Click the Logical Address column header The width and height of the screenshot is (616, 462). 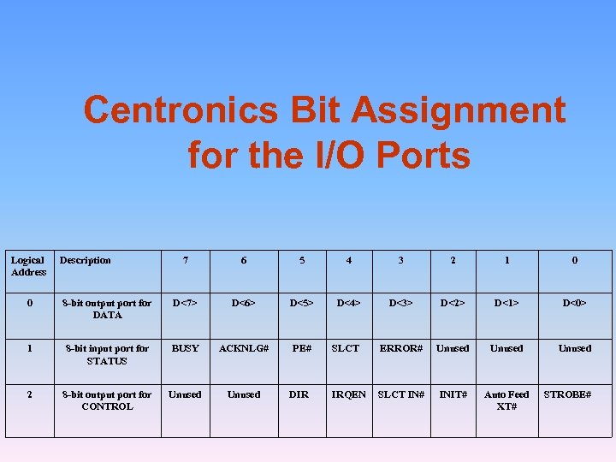[28, 266]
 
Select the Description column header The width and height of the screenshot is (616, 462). [85, 260]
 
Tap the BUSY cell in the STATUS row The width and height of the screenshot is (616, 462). [185, 348]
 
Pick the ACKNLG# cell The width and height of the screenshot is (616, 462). [244, 348]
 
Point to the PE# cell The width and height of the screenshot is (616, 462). [301, 348]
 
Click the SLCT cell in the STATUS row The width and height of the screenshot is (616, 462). [346, 348]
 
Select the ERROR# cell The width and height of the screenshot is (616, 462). [401, 348]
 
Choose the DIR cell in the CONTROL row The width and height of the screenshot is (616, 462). [299, 394]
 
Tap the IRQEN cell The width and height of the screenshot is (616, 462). [348, 394]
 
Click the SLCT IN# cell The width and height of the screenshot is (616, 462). [401, 394]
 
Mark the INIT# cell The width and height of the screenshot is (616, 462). [453, 394]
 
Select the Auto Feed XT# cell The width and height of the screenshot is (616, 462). [506, 400]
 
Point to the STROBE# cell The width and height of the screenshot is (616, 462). [568, 394]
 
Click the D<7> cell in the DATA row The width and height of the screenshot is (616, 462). [185, 303]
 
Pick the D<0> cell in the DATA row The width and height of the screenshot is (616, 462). [574, 303]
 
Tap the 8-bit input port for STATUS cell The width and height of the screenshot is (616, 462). [107, 354]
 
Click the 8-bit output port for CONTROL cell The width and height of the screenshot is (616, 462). [107, 400]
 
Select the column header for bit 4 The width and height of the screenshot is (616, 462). [348, 260]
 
